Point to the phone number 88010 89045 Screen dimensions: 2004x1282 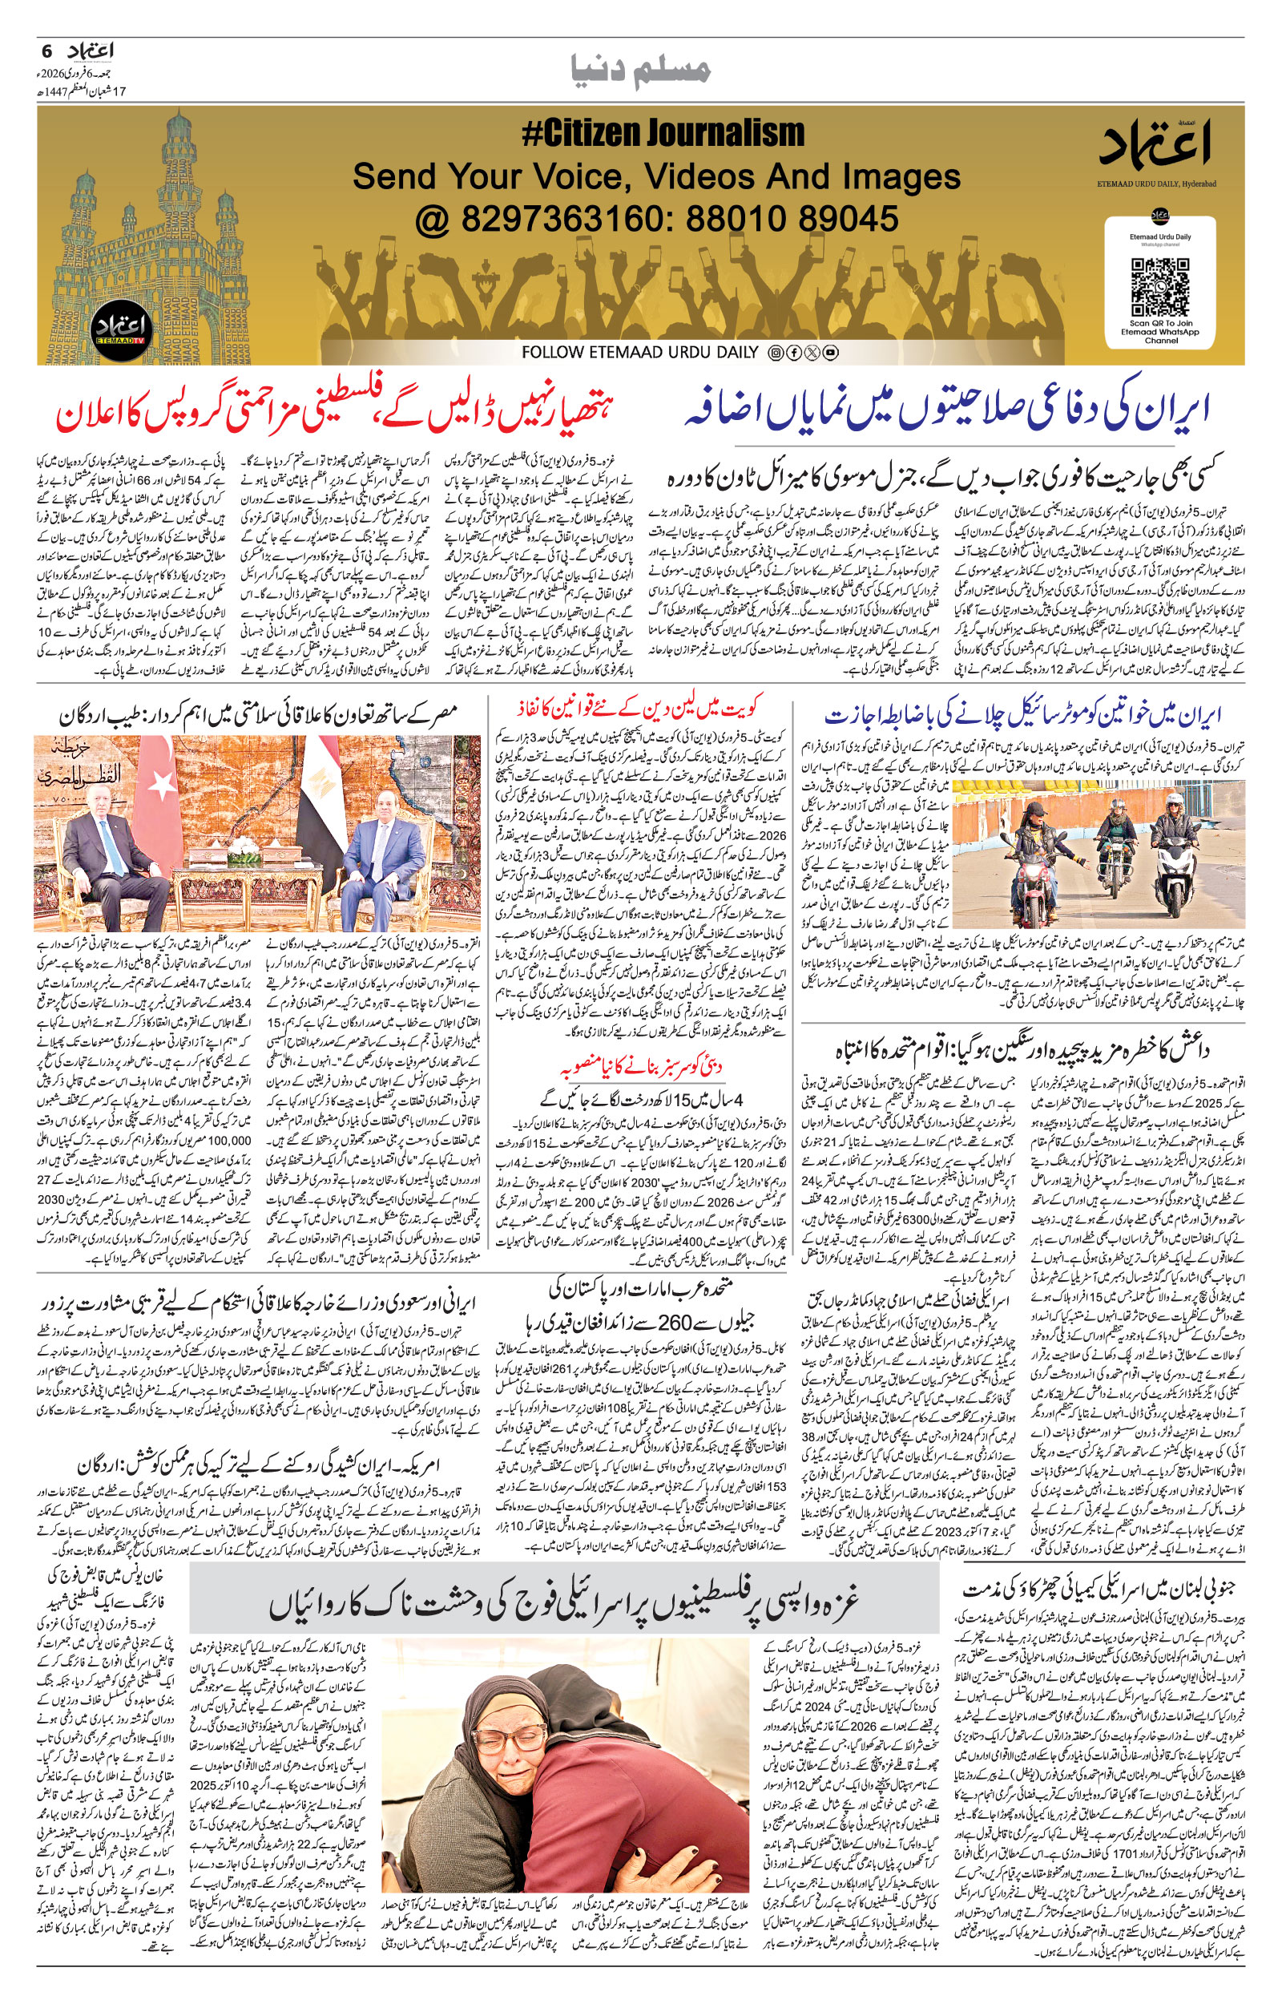792,219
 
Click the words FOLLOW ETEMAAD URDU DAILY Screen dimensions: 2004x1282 640,353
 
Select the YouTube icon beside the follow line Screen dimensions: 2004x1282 830,353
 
